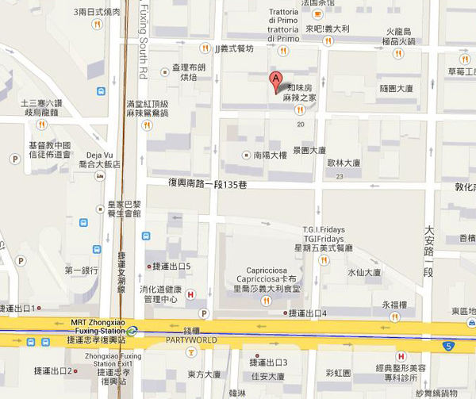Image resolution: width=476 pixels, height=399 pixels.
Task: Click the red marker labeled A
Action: [x=275, y=81]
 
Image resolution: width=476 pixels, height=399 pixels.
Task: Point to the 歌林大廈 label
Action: [x=344, y=163]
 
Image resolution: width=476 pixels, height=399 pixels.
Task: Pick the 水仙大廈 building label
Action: [x=365, y=272]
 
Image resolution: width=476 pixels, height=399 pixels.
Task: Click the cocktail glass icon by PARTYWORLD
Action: [x=192, y=351]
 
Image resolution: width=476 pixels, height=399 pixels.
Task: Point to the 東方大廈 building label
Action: [x=204, y=374]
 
